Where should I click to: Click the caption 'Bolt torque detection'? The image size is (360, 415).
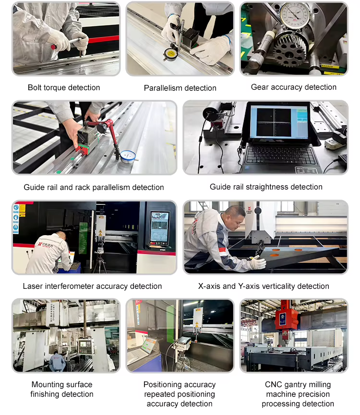point(64,88)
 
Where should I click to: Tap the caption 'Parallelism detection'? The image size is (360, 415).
point(180,88)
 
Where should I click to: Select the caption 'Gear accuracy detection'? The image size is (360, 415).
point(294,87)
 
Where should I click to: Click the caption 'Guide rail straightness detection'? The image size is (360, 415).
point(266,187)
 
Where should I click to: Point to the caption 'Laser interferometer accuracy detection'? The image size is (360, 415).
point(92,286)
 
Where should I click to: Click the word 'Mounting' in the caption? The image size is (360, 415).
point(47,385)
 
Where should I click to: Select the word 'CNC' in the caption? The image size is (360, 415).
point(273,384)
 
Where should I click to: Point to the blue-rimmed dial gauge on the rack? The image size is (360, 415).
point(128,157)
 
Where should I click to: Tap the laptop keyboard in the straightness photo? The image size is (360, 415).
point(281,155)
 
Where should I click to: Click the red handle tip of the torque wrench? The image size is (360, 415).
point(54,47)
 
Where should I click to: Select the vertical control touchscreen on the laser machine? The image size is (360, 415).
point(159,228)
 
